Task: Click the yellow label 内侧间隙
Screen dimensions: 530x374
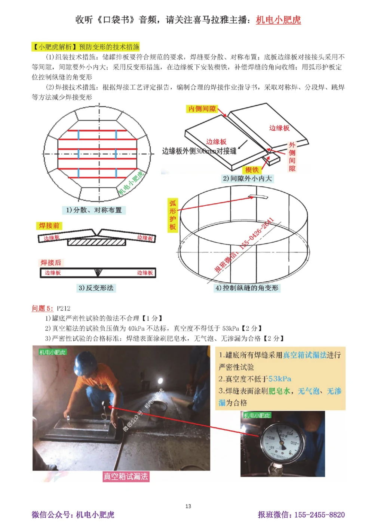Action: coord(202,109)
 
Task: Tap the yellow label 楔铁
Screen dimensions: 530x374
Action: coord(252,170)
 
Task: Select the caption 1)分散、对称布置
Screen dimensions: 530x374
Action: coord(94,210)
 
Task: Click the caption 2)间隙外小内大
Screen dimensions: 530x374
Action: coord(247,179)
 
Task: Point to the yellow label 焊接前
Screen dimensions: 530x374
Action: coord(49,226)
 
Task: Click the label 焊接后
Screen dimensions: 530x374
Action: coord(50,263)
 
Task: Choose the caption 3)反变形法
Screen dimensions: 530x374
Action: coord(96,288)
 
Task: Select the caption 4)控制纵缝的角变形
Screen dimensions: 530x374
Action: coord(247,288)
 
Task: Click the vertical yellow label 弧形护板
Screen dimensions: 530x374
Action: coord(172,215)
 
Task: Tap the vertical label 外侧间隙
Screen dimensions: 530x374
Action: coord(292,157)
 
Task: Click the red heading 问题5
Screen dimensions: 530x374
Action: coord(42,308)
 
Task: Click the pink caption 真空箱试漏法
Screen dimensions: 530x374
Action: coord(126,476)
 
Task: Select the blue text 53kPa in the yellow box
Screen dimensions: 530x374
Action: coord(280,379)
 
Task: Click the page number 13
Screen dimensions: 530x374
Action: coord(188,506)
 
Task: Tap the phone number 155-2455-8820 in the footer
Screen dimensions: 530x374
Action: coord(319,515)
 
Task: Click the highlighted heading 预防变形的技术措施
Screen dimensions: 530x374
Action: coord(109,47)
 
